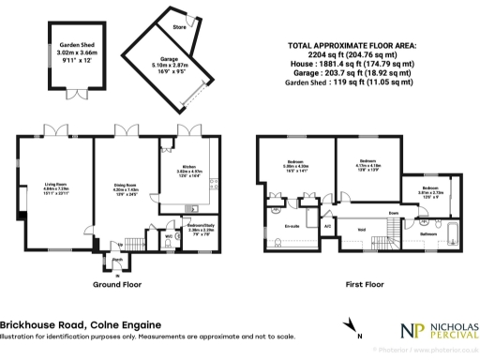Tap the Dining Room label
coord(126,185)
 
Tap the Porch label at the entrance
coord(118,260)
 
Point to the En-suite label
coord(278,226)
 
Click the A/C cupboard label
coord(327,226)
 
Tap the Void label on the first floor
coord(362,228)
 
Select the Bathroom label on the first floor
coord(428,233)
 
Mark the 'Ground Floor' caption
coord(117,282)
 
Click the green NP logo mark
coord(408,331)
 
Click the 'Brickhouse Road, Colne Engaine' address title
coord(71,324)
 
